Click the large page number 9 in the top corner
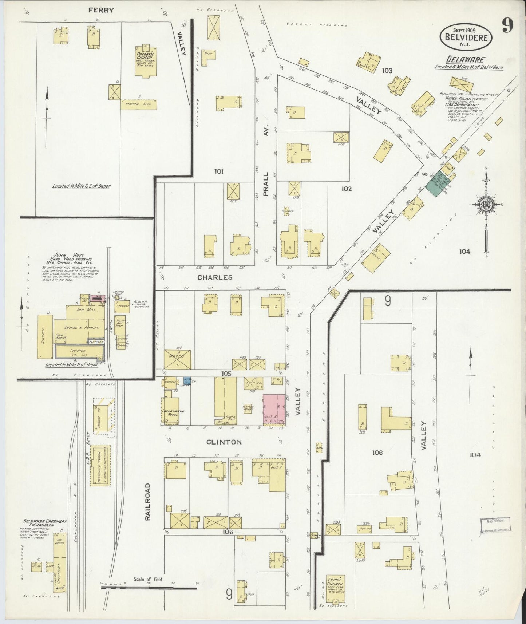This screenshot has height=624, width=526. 507,25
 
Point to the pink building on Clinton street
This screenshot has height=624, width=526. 274,409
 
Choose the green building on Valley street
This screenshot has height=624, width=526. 438,183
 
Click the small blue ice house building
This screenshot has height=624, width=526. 187,382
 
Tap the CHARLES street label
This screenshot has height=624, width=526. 215,277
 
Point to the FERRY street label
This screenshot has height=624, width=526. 101,11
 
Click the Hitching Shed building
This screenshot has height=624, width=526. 139,104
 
